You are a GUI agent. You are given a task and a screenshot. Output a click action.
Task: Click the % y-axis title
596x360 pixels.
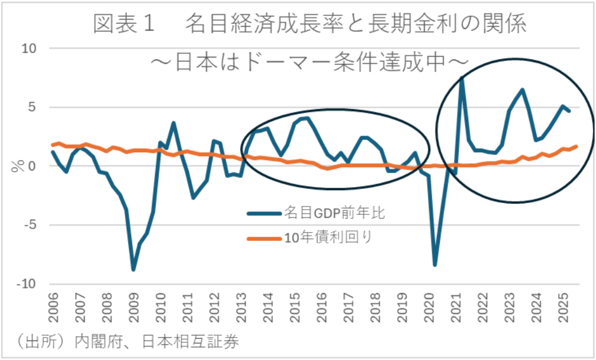[x=15, y=166]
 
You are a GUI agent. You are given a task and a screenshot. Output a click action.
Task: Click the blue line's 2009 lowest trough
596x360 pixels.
[x=134, y=270]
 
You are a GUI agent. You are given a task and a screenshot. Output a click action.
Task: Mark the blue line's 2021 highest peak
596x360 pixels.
[x=462, y=77]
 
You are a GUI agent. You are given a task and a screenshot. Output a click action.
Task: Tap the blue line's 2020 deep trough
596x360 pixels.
[x=435, y=265]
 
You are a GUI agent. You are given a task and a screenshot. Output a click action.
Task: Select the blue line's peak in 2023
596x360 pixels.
[x=523, y=89]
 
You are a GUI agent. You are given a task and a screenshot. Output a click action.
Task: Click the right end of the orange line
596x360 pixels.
[x=576, y=146]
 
